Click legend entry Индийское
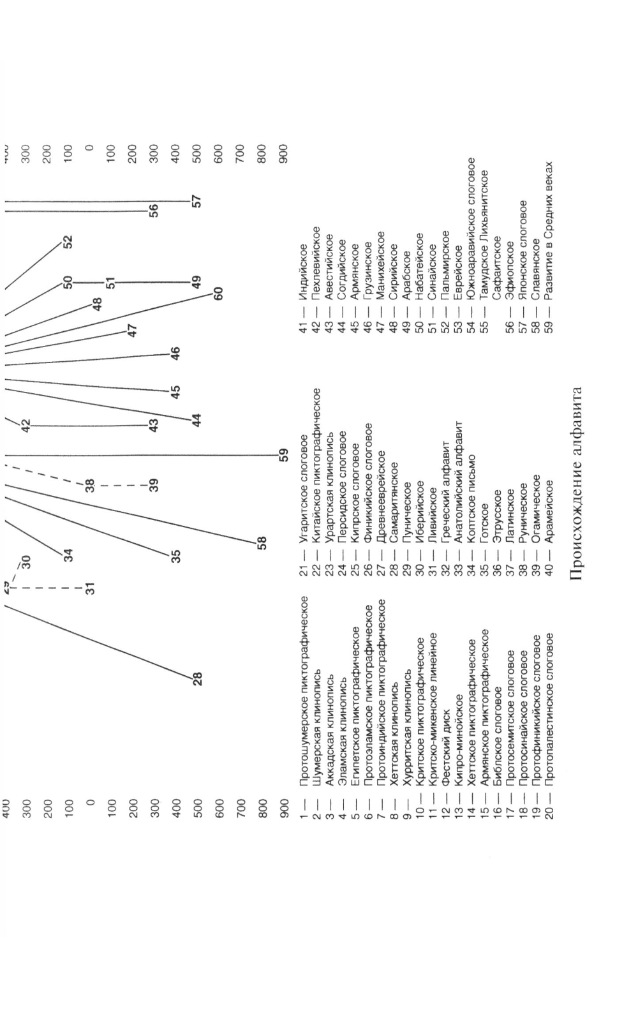tap(304, 264)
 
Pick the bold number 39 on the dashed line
tap(154, 485)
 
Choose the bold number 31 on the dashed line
tap(91, 588)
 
